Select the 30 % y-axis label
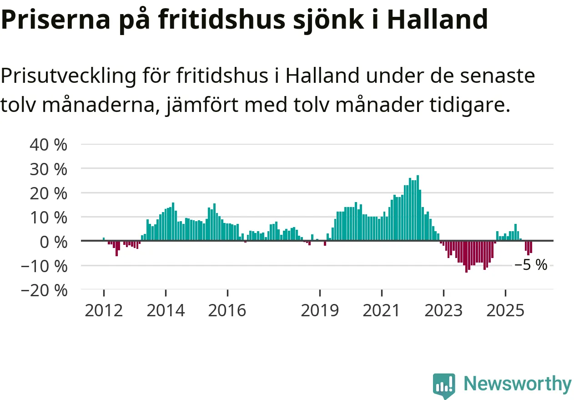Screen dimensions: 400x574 tap(48, 169)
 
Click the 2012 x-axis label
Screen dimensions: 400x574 tap(104, 311)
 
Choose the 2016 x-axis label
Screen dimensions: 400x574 tap(227, 311)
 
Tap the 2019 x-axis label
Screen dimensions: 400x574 tap(320, 311)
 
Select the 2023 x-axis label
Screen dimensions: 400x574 tap(443, 311)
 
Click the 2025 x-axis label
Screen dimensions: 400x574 tap(505, 311)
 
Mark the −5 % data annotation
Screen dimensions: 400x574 tap(531, 265)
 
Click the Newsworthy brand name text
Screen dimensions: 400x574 tap(518, 384)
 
